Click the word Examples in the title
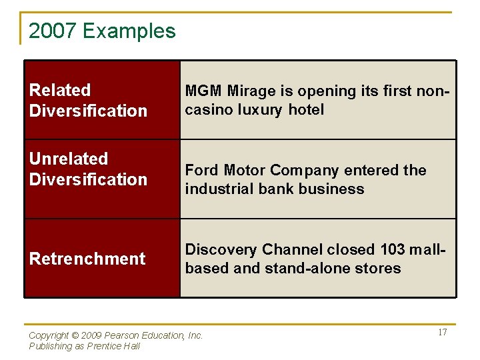click(129, 31)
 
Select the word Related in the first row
click(60, 90)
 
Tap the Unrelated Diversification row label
click(88, 169)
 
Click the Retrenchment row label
click(87, 259)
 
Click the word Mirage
click(248, 91)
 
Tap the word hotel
click(306, 110)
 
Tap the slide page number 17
click(442, 333)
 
